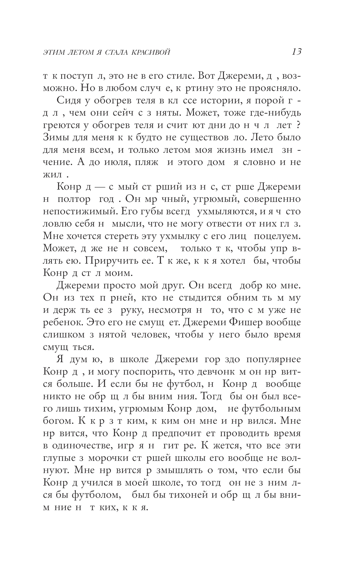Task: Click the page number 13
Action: [x=297, y=52]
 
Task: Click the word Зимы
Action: [x=55, y=137]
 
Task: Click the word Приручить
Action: [x=98, y=260]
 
